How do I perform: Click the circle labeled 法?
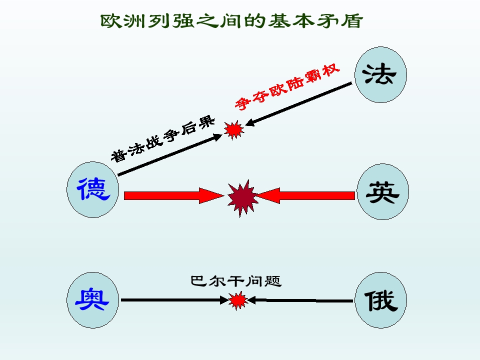pos(380,74)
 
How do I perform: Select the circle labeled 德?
pos(93,190)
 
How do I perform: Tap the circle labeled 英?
pos(382,191)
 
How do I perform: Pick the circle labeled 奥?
pos(93,300)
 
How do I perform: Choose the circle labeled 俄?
pos(380,300)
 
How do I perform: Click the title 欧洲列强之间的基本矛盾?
pos(231,21)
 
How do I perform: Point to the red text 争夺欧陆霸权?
pos(287,86)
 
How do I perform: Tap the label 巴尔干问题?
pos(235,281)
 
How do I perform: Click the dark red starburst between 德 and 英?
pos(242,198)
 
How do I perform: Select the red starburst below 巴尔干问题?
pos(238,300)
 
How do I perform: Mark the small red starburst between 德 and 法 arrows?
pos(234,130)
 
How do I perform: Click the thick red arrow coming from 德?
pos(174,195)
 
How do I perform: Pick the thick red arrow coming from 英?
pos(305,195)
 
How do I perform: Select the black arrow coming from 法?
pos(299,104)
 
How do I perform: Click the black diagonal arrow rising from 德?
pos(170,154)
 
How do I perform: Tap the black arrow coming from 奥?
pos(175,300)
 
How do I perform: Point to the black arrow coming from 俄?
pos(300,300)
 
